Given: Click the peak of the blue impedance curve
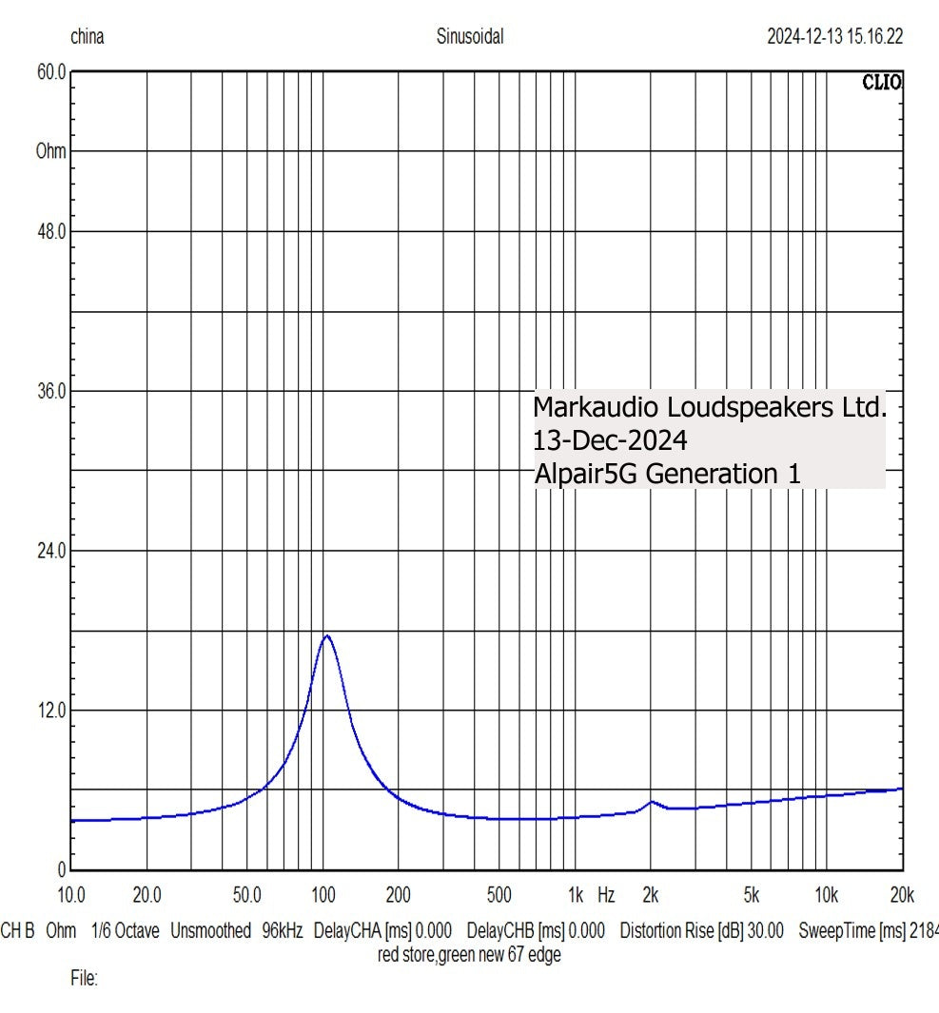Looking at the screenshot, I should [326, 635].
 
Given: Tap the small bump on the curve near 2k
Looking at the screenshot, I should [652, 802].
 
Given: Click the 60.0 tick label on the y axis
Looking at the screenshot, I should [50, 71].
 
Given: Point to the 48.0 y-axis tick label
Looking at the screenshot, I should [50, 231].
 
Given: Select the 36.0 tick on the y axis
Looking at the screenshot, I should [50, 391].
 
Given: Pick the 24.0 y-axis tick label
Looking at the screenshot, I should [50, 551].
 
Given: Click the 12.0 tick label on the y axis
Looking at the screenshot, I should [50, 710].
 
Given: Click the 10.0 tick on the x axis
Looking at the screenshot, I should [71, 895].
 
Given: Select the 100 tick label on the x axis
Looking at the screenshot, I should [323, 895].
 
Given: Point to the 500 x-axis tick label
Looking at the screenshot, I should [499, 895].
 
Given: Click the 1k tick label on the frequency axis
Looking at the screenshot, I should [575, 895].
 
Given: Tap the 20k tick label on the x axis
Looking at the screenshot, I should [901, 895].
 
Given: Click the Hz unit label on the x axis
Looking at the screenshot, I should [606, 895].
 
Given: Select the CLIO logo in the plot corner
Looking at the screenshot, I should [882, 83].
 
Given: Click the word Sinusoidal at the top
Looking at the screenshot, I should [470, 38].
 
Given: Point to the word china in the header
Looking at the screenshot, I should [88, 38].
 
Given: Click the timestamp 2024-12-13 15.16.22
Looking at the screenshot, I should [834, 38].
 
